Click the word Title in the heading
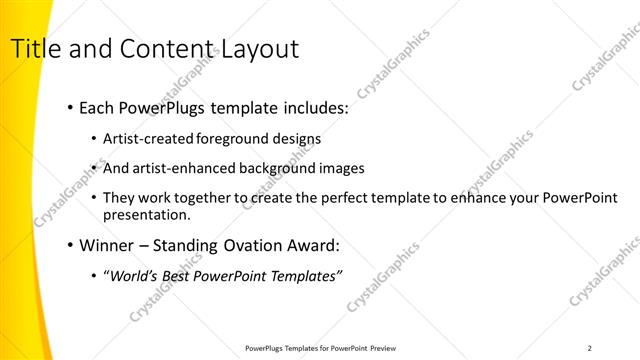[x=32, y=49]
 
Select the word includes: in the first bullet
[x=310, y=106]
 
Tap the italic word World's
[x=133, y=275]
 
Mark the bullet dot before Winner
[x=68, y=244]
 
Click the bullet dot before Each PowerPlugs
[x=68, y=106]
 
